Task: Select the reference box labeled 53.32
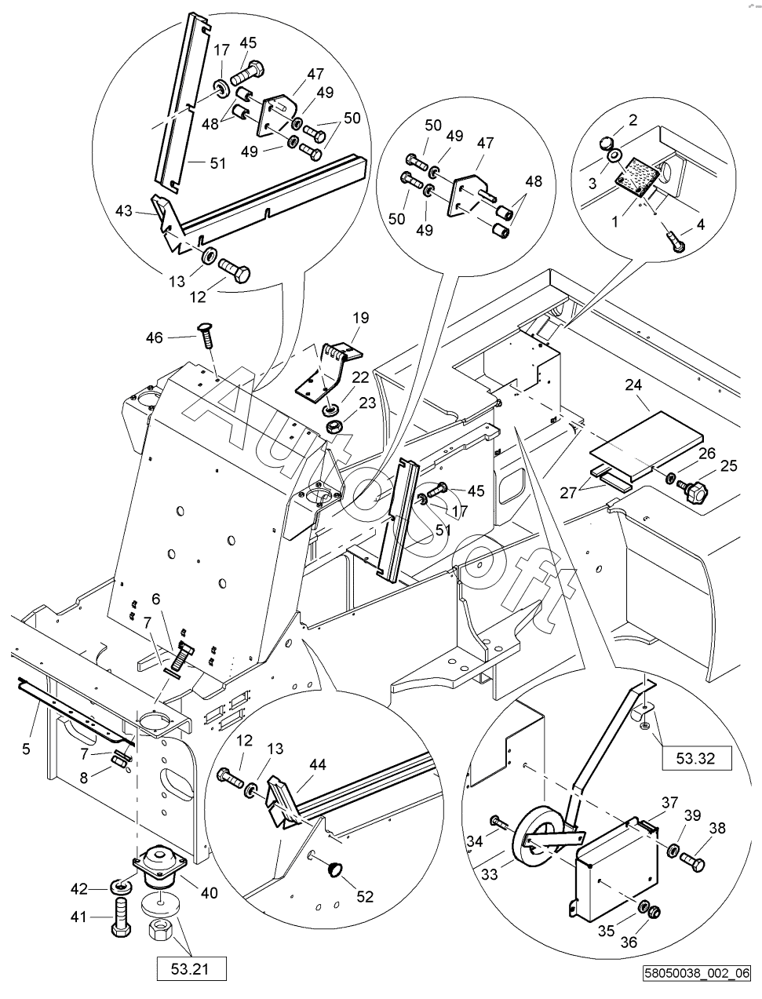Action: tap(696, 759)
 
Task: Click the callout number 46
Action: tap(155, 337)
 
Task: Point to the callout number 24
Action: tap(633, 385)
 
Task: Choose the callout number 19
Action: tap(361, 318)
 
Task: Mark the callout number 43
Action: tap(124, 211)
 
